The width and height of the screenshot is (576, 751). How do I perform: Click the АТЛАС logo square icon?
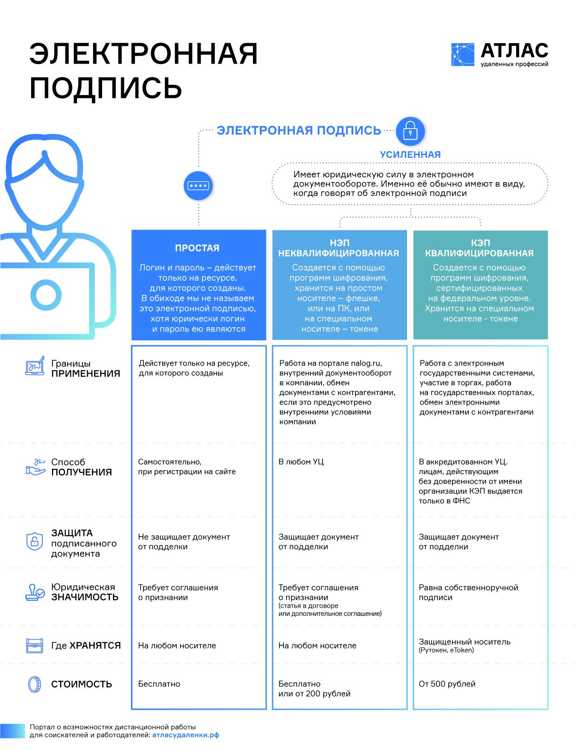[x=462, y=55]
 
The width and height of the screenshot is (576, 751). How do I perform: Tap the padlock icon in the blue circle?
[x=410, y=131]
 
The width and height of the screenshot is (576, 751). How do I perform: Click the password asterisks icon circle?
[x=198, y=186]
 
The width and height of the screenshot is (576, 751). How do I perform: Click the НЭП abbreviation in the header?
[x=339, y=243]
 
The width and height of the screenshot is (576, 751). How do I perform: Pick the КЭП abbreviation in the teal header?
[x=480, y=243]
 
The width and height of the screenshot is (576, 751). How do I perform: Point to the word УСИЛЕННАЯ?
[x=410, y=155]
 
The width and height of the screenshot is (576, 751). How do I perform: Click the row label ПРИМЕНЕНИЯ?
[x=85, y=374]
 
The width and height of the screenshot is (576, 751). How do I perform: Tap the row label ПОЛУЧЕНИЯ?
[x=82, y=473]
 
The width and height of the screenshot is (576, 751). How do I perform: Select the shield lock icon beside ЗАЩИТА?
[x=34, y=541]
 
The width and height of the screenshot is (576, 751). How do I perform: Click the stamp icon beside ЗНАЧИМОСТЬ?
[x=35, y=592]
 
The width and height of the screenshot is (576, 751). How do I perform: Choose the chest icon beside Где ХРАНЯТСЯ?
[x=34, y=645]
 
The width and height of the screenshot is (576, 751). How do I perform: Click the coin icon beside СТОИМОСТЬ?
[x=34, y=684]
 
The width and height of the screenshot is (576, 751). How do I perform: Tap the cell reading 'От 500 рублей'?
[x=447, y=684]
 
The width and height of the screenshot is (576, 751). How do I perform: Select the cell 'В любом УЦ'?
[x=301, y=462]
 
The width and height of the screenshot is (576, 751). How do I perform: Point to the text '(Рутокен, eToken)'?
[x=446, y=650]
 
